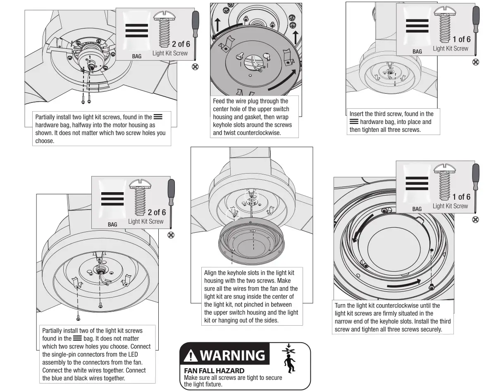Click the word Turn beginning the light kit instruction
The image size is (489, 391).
(x=341, y=306)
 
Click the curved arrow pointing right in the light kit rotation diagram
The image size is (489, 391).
(x=405, y=283)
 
